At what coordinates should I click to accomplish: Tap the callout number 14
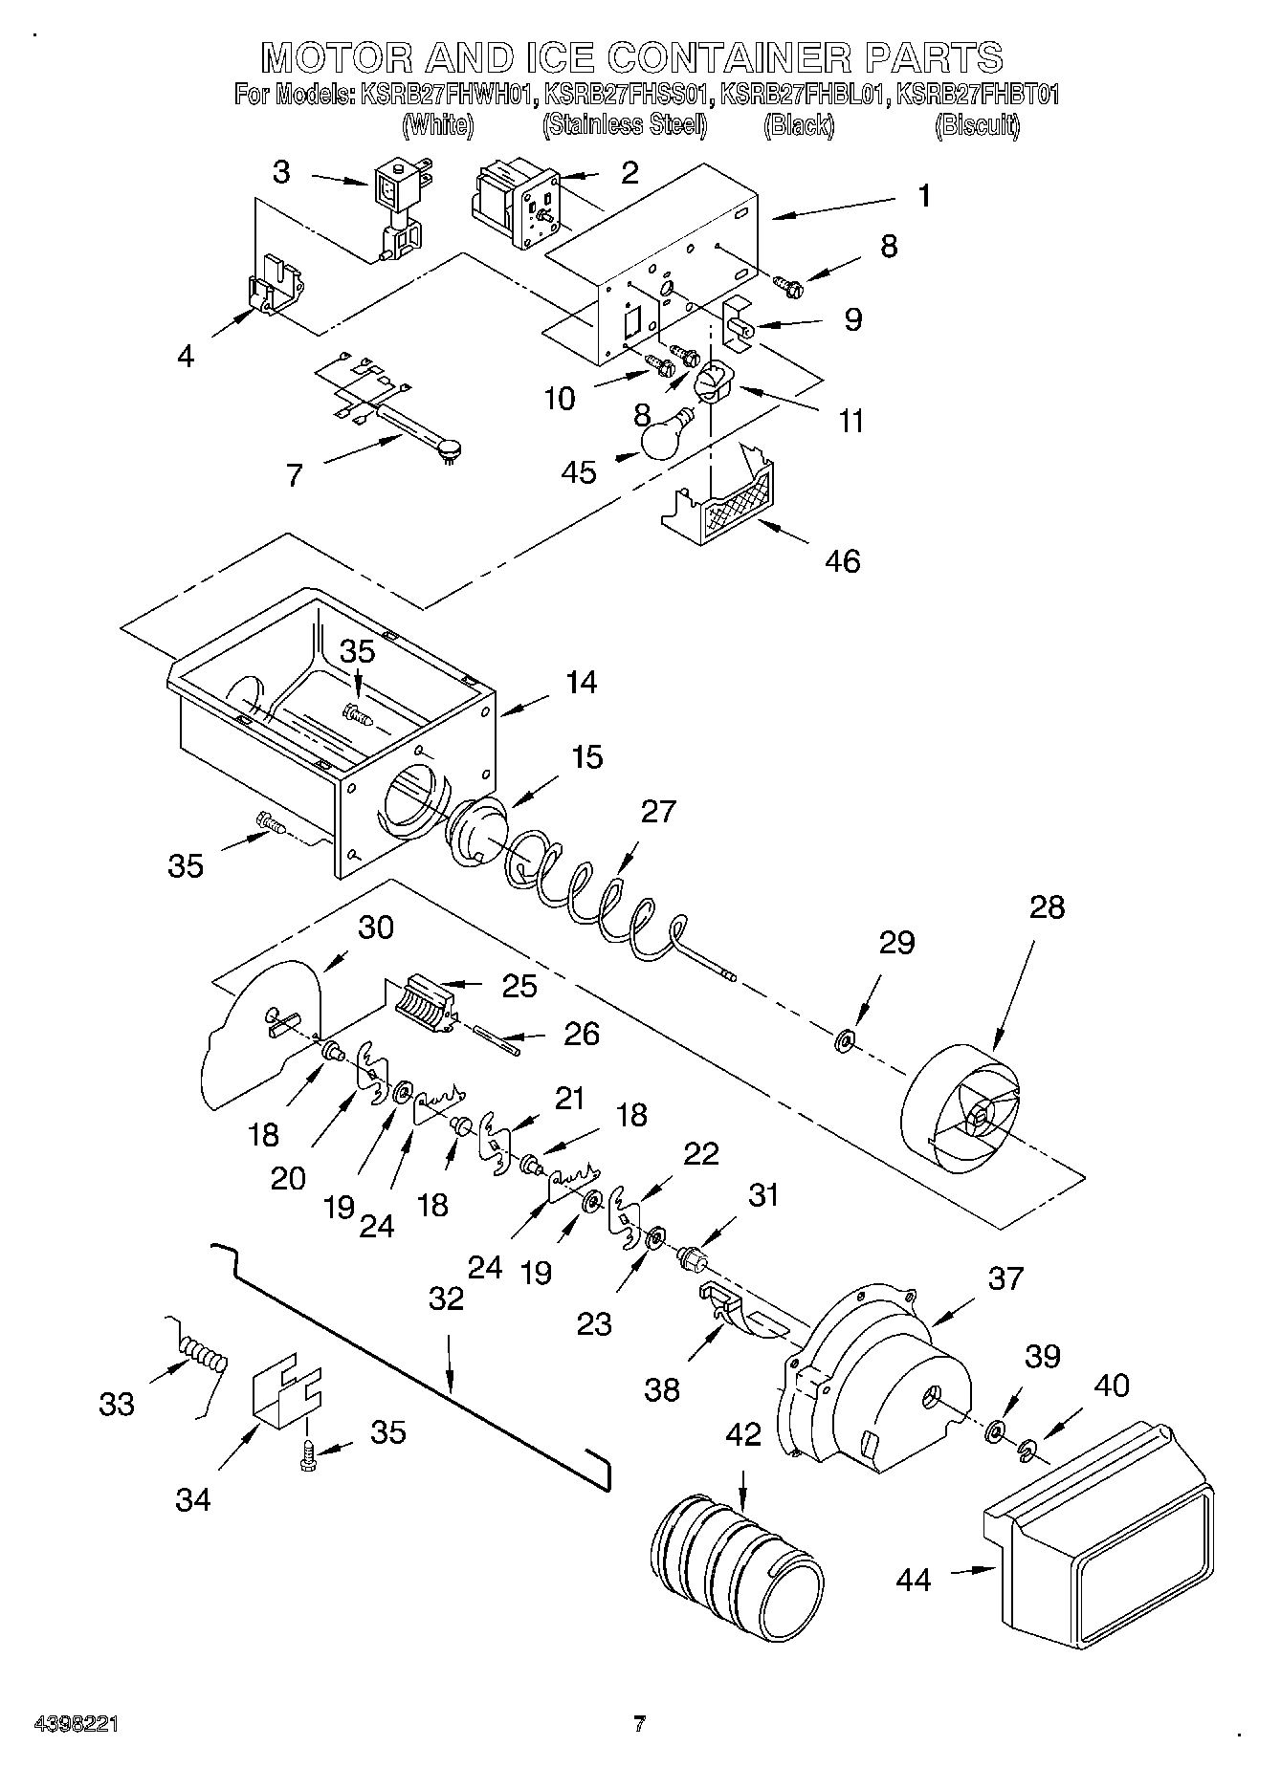click(x=581, y=682)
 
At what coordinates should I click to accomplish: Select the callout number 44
click(x=914, y=1580)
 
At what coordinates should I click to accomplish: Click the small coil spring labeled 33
click(x=204, y=1356)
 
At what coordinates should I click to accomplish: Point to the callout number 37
click(x=1005, y=1277)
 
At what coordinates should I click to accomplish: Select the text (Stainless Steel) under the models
click(x=624, y=124)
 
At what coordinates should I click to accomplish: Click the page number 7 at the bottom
click(x=639, y=1724)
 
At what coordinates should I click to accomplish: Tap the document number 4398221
click(x=77, y=1725)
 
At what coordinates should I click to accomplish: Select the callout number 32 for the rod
click(x=447, y=1298)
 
